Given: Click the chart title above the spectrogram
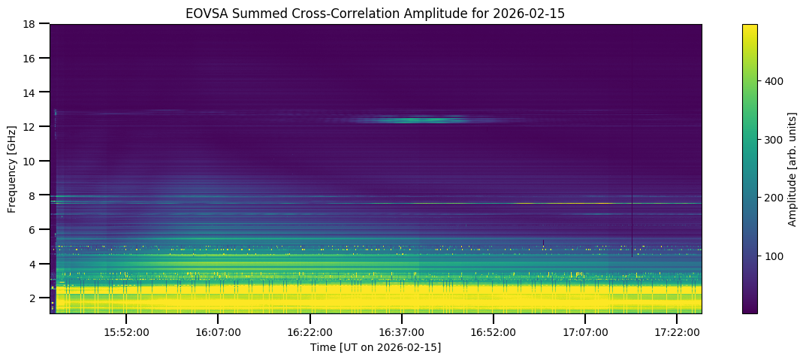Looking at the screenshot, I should point(376,13).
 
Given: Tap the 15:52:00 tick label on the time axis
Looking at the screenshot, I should point(125,332).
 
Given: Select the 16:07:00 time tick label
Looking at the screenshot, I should point(218,332).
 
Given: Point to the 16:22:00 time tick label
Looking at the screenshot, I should point(309,332).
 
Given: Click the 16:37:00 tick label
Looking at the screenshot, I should point(401,332).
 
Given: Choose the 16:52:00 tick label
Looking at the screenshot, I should point(493,332).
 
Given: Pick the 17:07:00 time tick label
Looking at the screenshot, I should point(585,332).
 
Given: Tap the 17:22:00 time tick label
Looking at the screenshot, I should point(677,332).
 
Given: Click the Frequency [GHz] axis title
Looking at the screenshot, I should point(12,168).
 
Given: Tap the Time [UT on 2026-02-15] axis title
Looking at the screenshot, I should point(376,347).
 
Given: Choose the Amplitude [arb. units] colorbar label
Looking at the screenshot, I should point(792,168).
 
